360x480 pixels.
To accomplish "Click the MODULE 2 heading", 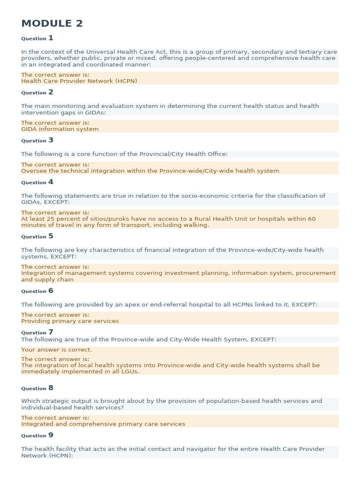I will point(52,23).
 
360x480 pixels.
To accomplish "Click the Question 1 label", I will point(37,38).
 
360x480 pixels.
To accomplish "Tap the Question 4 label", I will point(37,182).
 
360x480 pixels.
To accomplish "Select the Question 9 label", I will point(37,435).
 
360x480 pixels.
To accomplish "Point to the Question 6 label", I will point(37,291).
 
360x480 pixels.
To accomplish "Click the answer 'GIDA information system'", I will point(60,129).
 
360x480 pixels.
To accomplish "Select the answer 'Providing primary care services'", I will point(70,321).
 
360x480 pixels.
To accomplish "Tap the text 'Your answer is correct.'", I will point(57,350).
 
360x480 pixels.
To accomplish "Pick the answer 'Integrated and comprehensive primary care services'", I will point(103,424).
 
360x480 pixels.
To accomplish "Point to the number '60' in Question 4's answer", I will point(311,219).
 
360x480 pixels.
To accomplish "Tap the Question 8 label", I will point(37,388).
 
